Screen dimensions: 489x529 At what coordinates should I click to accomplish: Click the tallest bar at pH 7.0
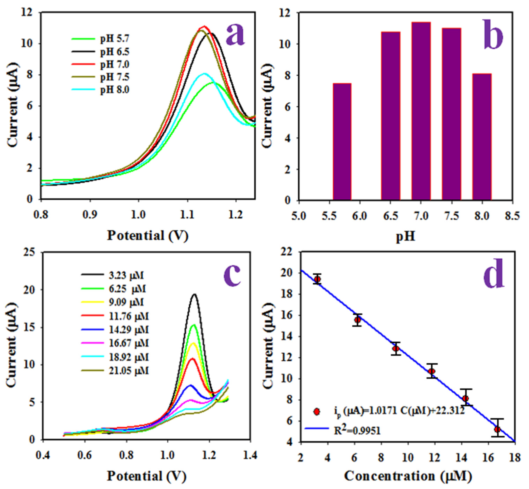421,111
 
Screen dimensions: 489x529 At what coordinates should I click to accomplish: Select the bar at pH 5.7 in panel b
342,141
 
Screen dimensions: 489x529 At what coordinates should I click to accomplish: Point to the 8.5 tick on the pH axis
512,216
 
